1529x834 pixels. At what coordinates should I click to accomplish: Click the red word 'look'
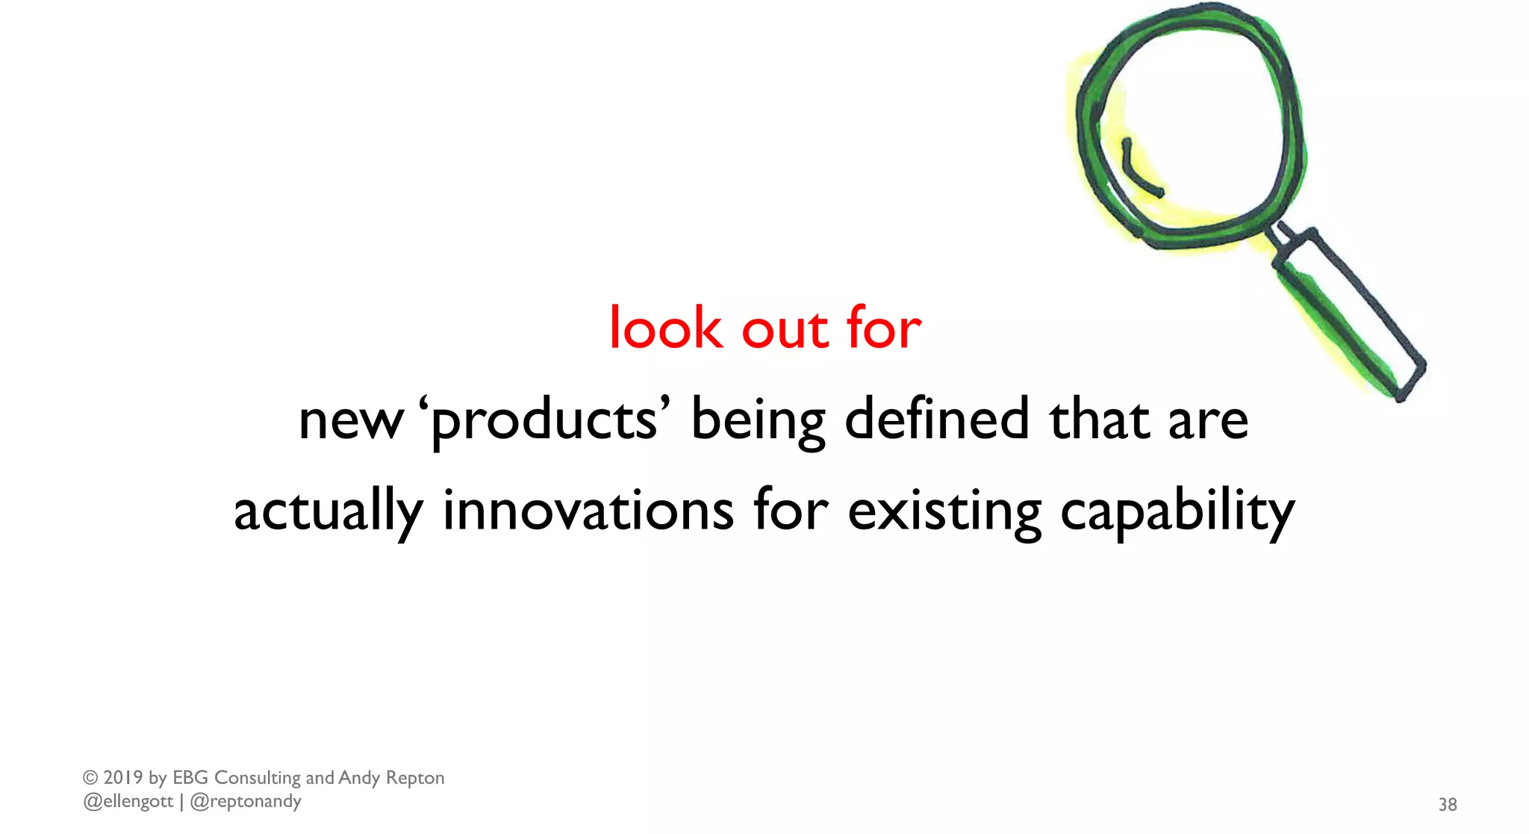(666, 329)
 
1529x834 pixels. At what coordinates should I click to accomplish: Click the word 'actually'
(328, 512)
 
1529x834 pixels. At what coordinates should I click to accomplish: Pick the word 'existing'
(944, 512)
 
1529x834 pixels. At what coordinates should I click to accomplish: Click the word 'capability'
(1177, 512)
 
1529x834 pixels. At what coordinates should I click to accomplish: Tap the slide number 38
(1448, 804)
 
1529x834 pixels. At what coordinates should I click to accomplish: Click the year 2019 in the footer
(123, 778)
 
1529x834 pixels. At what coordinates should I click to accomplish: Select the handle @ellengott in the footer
(128, 802)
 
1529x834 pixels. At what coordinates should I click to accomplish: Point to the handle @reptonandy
(246, 802)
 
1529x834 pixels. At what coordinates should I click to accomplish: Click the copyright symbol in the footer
(90, 778)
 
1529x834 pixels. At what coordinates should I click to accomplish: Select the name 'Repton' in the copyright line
(414, 778)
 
